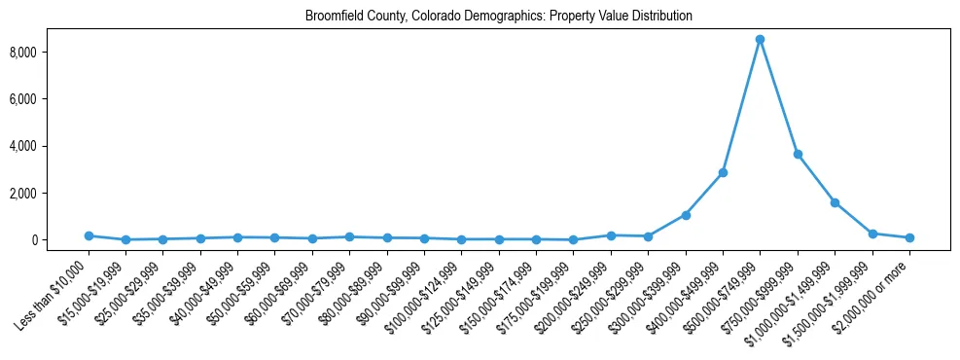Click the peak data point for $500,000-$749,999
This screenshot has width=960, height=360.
coord(760,39)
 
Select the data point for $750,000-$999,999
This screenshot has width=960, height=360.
coord(798,154)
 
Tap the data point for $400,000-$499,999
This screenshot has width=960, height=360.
coord(723,172)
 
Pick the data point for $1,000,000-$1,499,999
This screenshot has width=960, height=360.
coord(835,202)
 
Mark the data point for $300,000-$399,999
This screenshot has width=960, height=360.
coord(686,215)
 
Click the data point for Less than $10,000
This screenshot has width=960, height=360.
coord(89,235)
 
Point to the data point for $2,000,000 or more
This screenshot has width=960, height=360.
coord(909,237)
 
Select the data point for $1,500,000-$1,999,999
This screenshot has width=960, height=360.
coord(872,234)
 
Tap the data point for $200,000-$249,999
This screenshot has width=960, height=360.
coord(611,235)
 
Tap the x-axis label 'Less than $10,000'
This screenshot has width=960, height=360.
coord(55,288)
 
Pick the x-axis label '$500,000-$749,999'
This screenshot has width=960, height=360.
coord(726,290)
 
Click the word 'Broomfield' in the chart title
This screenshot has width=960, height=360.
coord(330,17)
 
